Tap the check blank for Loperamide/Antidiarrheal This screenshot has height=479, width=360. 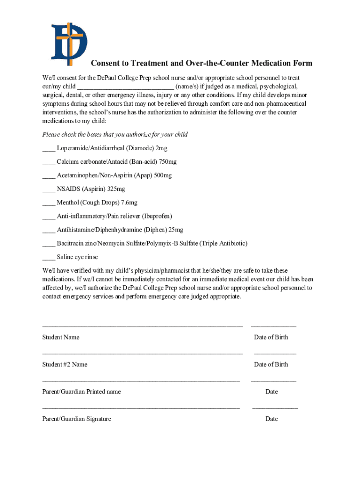point(49,149)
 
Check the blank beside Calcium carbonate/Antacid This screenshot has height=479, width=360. point(49,162)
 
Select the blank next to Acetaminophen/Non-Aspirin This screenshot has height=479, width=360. point(49,176)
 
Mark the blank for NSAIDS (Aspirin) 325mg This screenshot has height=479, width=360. point(49,189)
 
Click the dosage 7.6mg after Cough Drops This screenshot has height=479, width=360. point(129,203)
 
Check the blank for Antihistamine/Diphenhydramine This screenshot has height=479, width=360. point(49,230)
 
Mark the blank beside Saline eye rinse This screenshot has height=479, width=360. point(49,258)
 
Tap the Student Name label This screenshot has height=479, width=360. point(61,337)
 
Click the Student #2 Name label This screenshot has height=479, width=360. point(65,364)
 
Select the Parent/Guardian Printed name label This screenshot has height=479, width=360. point(81,392)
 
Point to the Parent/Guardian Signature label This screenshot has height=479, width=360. point(77,419)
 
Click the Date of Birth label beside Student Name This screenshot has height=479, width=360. point(271,337)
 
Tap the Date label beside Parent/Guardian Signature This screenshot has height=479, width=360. point(272,419)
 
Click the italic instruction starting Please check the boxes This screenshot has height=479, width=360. point(115,135)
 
